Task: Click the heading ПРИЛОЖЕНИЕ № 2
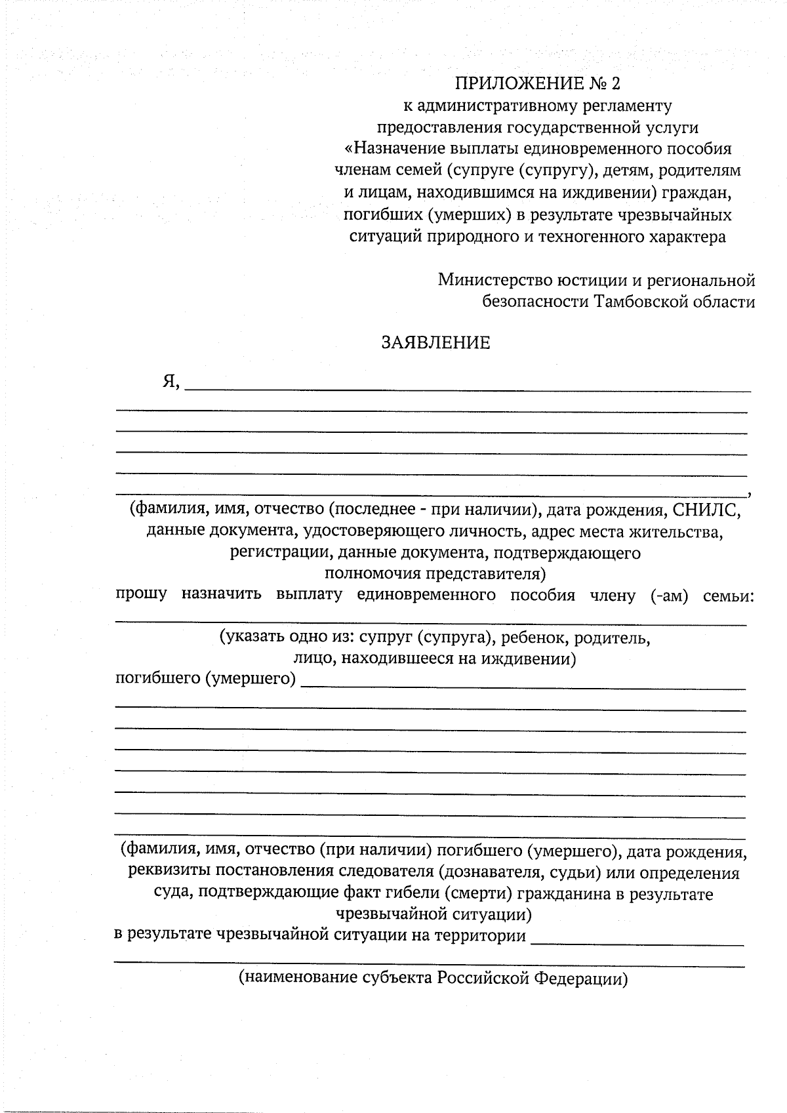pyautogui.click(x=537, y=83)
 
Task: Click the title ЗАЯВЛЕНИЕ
pyautogui.click(x=435, y=343)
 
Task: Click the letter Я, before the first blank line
pyautogui.click(x=171, y=382)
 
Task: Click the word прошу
pyautogui.click(x=141, y=595)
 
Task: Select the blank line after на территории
pyautogui.click(x=637, y=943)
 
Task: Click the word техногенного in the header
pyautogui.click(x=586, y=237)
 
